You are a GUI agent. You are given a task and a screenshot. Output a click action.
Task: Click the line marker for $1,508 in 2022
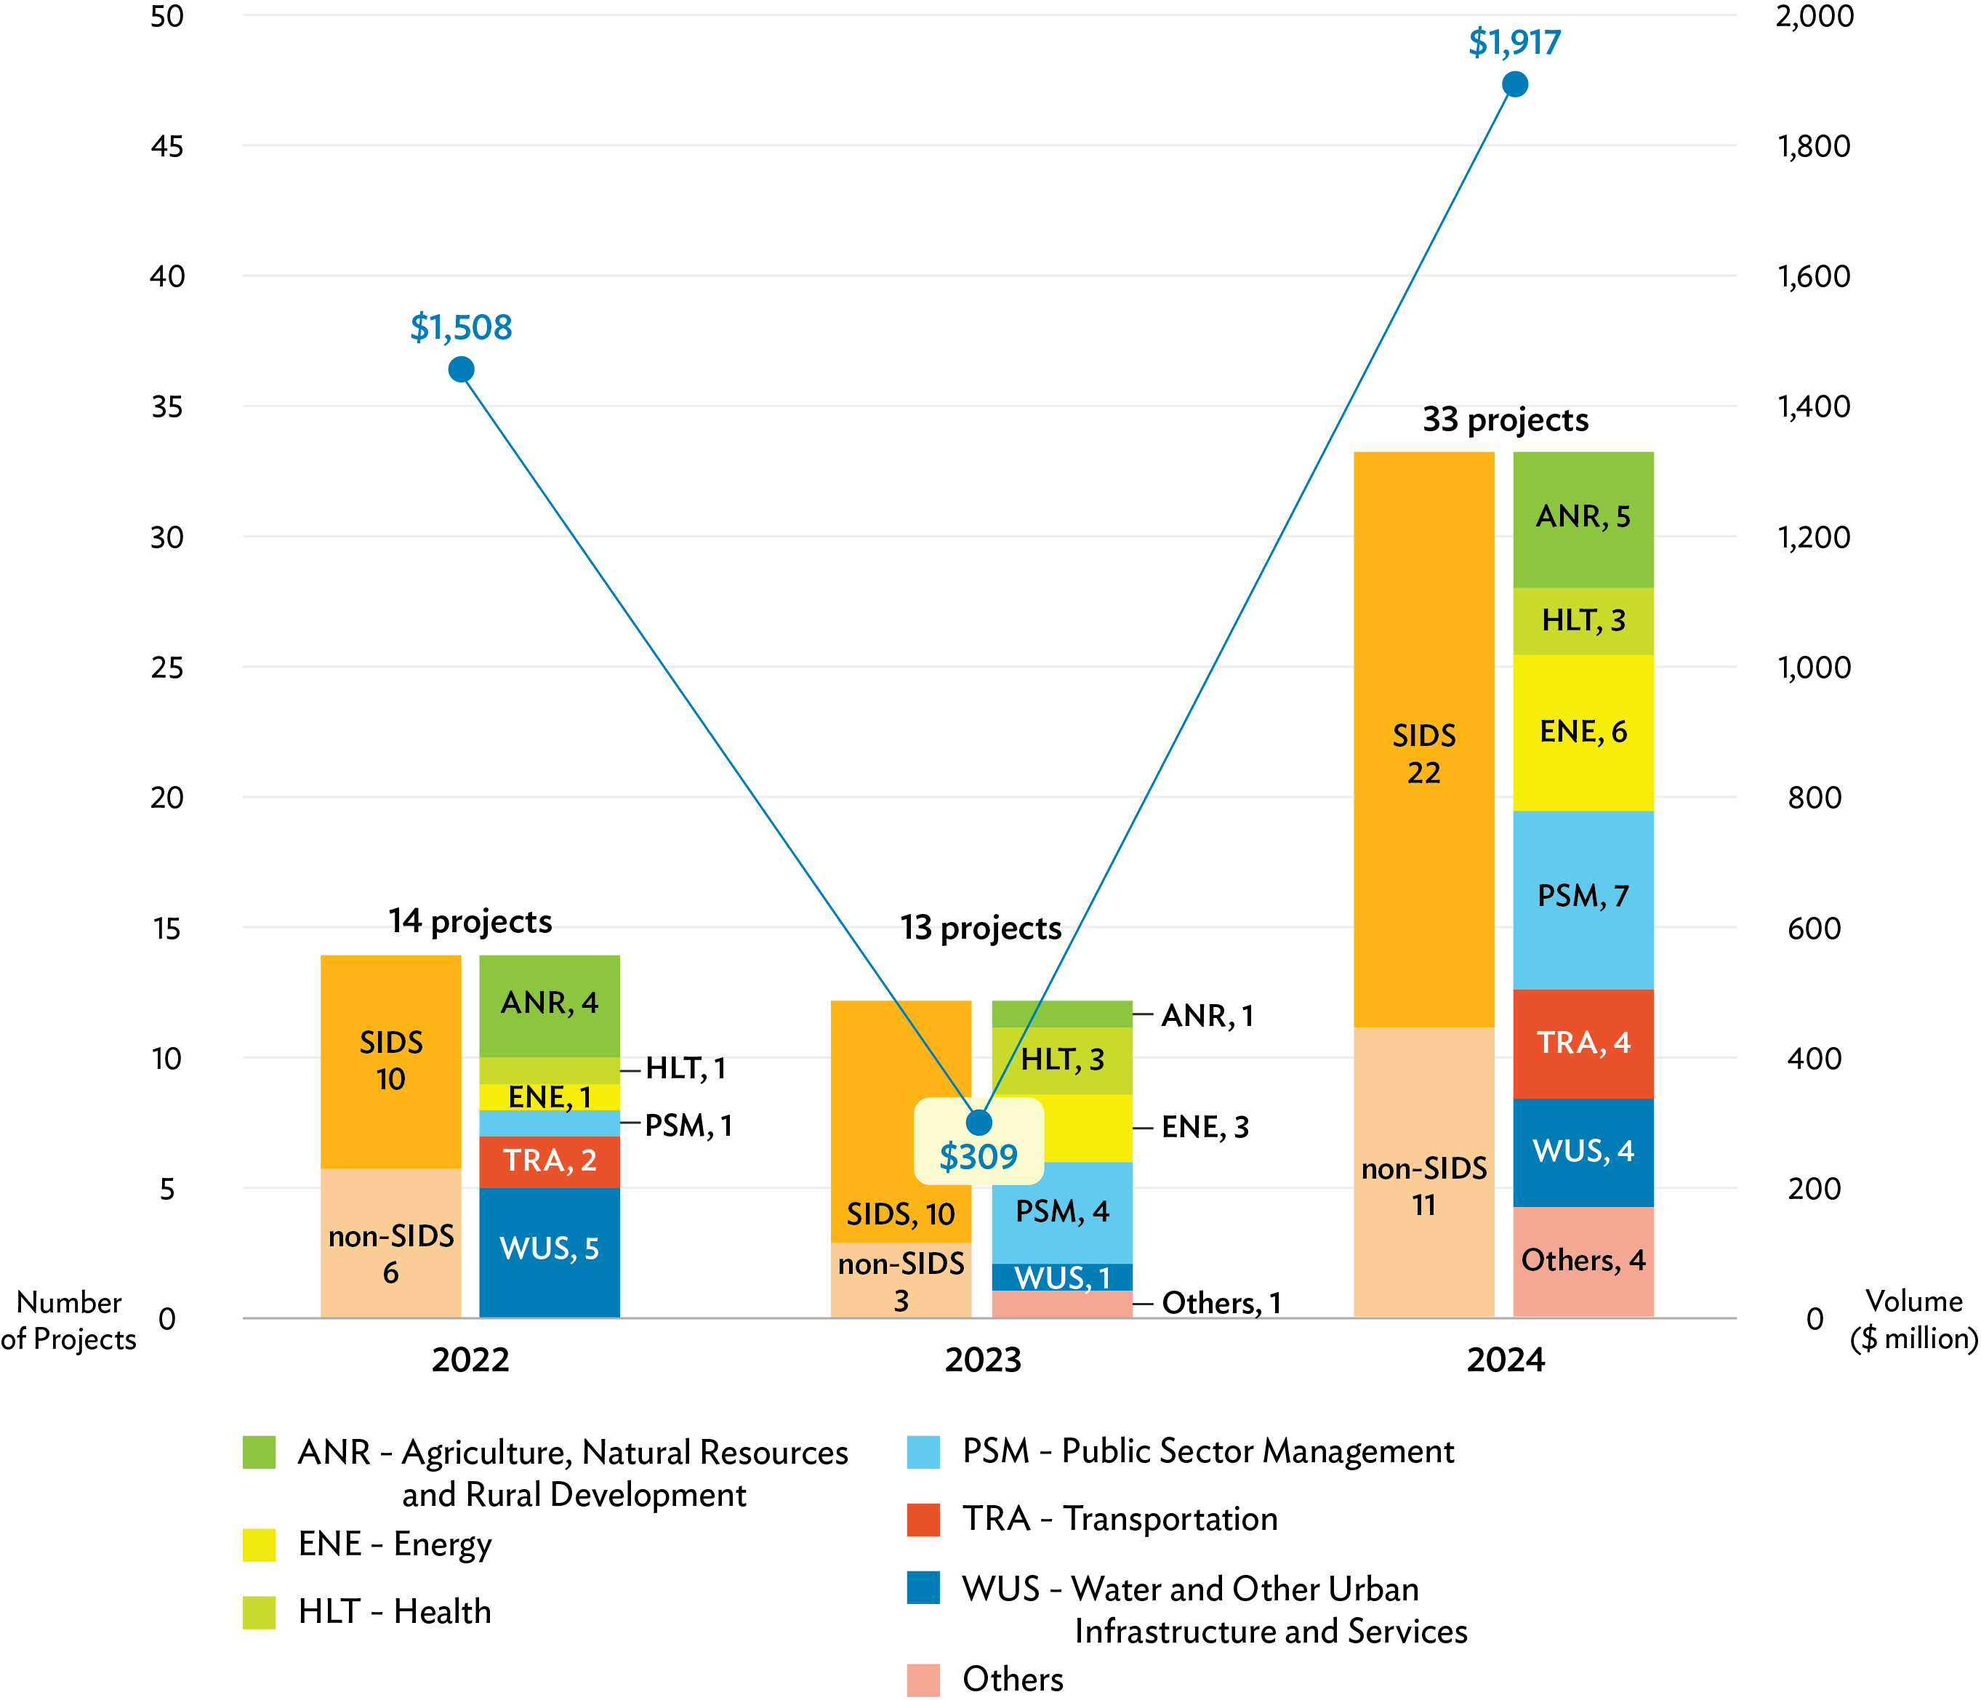[x=461, y=369]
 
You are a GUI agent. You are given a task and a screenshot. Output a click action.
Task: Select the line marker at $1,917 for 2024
[x=1514, y=85]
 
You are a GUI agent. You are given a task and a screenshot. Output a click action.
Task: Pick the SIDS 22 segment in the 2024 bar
[x=1423, y=753]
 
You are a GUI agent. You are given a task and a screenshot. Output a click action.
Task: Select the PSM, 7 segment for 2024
[x=1583, y=897]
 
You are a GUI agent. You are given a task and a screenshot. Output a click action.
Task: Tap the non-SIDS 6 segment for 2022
[x=390, y=1253]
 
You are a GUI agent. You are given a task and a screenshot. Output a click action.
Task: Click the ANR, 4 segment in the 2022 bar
[x=549, y=1003]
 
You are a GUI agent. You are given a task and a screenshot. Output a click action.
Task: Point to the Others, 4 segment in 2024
[x=1583, y=1261]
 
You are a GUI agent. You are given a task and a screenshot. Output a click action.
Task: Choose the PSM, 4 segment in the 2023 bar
[x=1061, y=1211]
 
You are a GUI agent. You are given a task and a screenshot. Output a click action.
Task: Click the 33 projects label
[x=1505, y=420]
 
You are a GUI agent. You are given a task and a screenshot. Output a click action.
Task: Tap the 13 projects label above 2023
[x=980, y=929]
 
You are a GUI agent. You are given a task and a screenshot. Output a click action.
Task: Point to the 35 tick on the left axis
[x=166, y=407]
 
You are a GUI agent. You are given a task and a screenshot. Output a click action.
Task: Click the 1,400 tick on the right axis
[x=1813, y=407]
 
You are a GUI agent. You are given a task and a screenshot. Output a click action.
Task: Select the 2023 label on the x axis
[x=982, y=1360]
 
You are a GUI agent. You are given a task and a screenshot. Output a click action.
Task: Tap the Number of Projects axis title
[x=69, y=1320]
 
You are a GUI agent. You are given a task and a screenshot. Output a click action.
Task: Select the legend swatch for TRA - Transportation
[x=923, y=1518]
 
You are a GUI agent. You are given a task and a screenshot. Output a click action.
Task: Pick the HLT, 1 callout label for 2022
[x=686, y=1069]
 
